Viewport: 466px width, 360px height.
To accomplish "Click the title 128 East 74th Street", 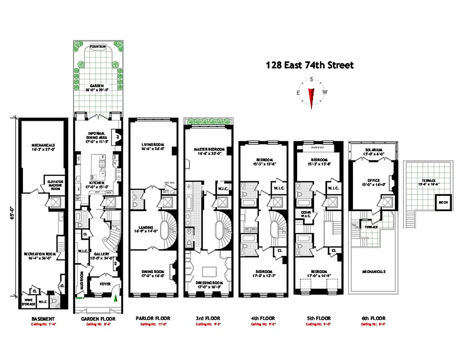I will point(310,65).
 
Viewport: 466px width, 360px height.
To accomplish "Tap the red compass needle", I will point(311,95).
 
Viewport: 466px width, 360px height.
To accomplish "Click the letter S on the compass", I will point(311,80).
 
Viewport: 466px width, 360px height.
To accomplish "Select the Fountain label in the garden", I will point(98,46).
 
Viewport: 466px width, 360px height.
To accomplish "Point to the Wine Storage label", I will point(28,302).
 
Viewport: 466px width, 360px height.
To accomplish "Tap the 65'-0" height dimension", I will point(13,209).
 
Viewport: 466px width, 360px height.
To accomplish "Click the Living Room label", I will point(152,144).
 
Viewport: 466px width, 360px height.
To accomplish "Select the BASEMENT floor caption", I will point(43,319).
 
